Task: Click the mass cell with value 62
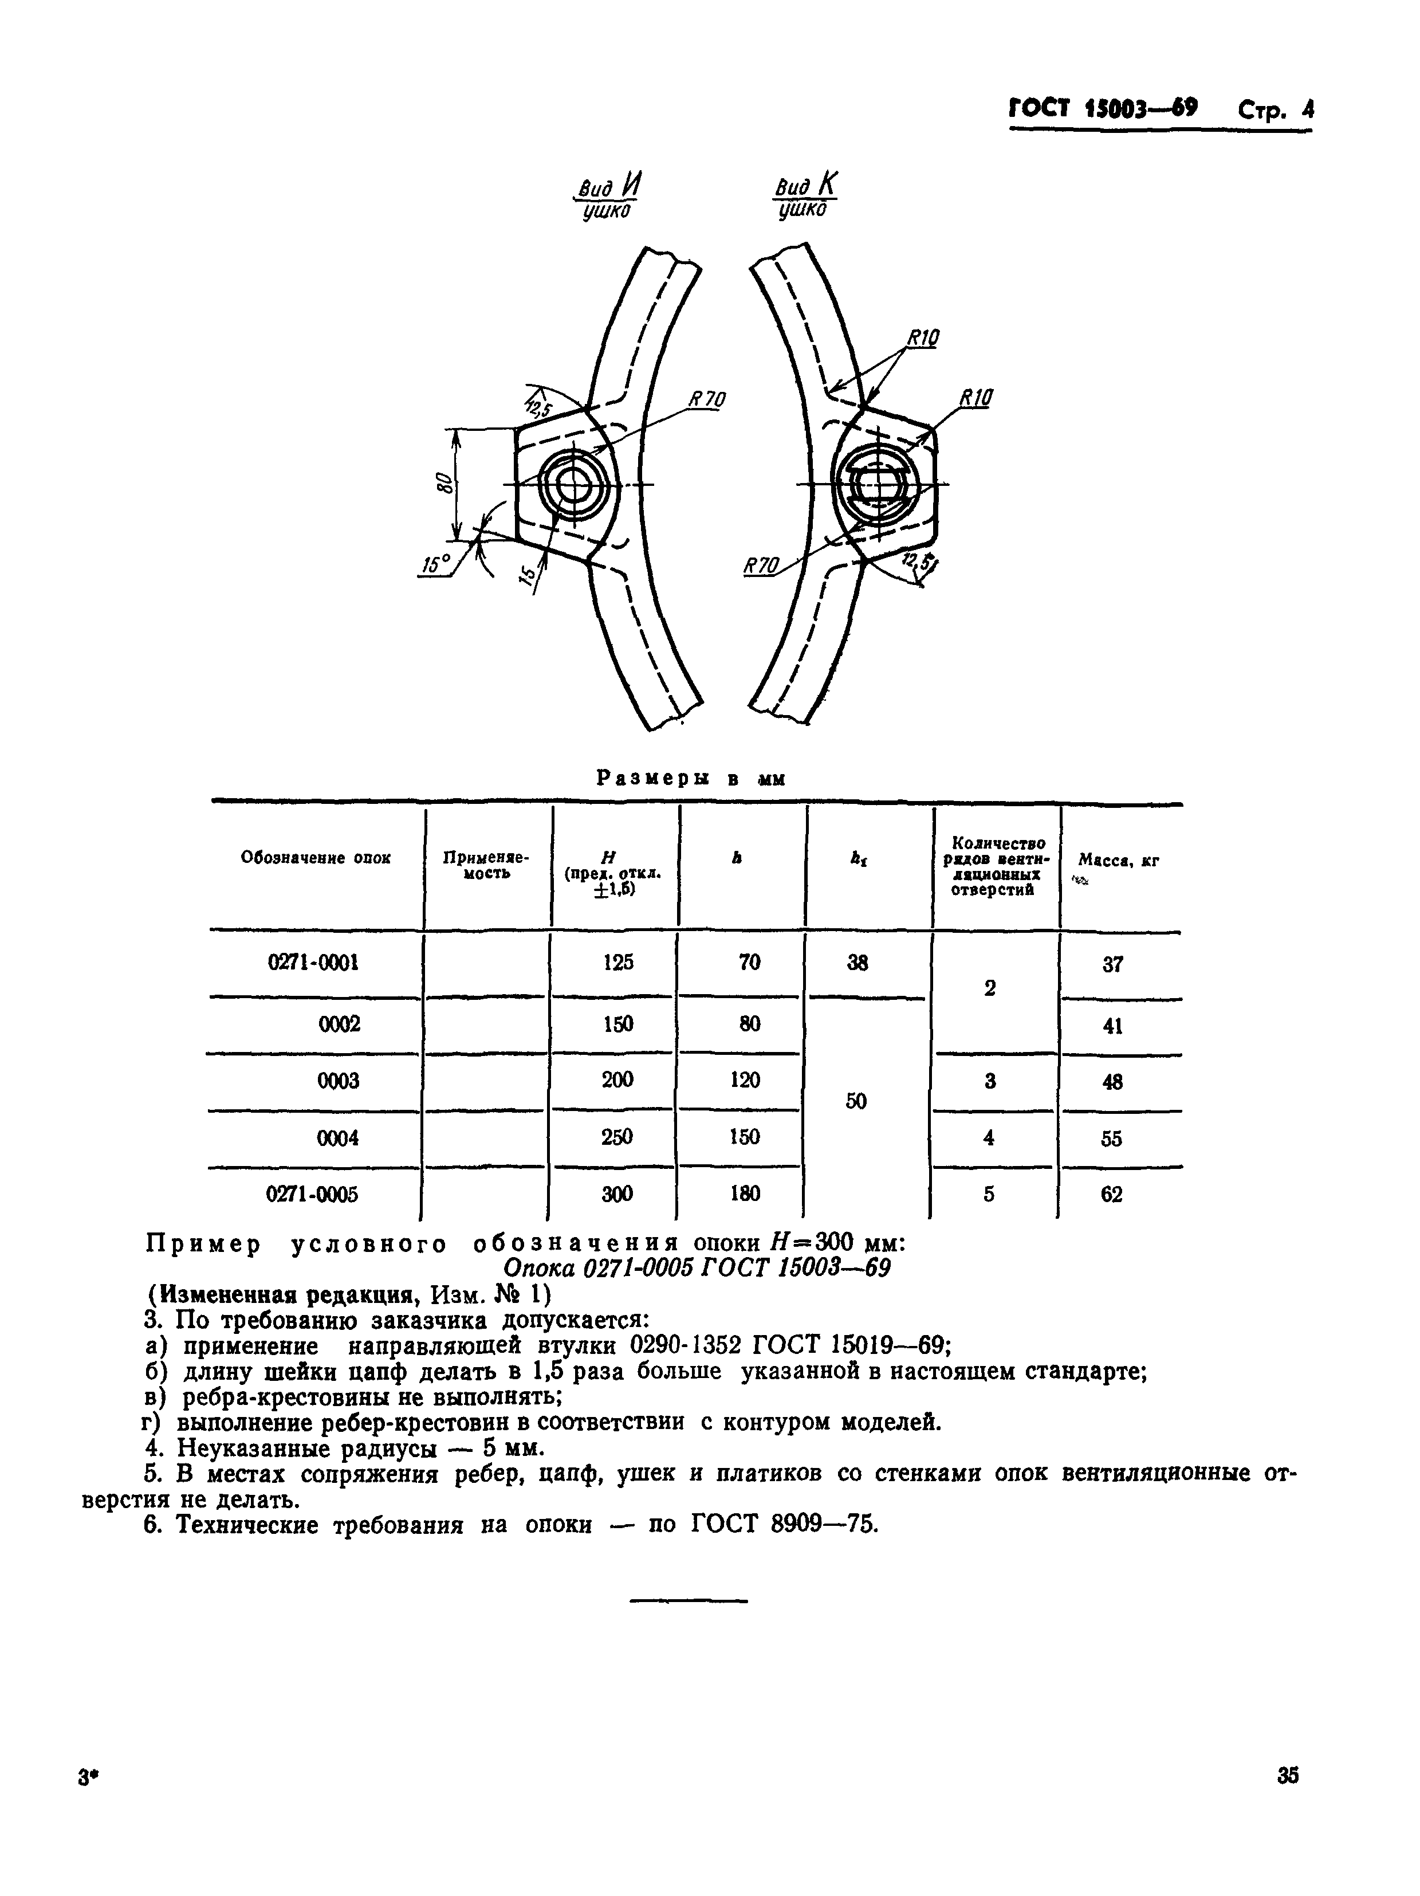point(1111,1194)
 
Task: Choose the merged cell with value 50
point(856,1101)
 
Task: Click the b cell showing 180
point(745,1194)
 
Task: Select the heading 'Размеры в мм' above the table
point(691,778)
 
